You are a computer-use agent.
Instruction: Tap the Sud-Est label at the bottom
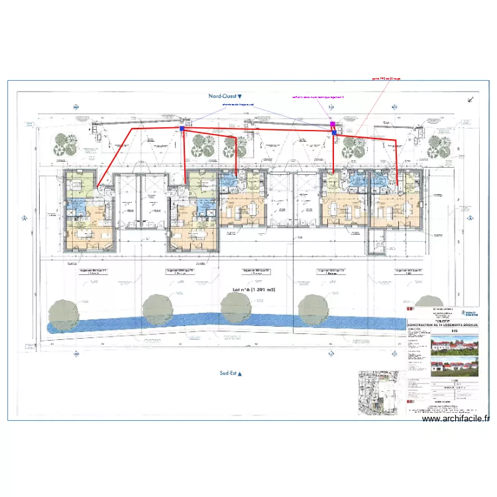pos(230,374)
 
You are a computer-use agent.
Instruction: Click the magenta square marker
pos(333,124)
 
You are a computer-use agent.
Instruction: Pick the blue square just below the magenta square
pos(334,133)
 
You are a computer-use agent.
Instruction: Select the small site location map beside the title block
pos(378,392)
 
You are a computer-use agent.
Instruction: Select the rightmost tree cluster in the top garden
pos(439,146)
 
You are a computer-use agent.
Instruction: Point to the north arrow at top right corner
pos(471,97)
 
